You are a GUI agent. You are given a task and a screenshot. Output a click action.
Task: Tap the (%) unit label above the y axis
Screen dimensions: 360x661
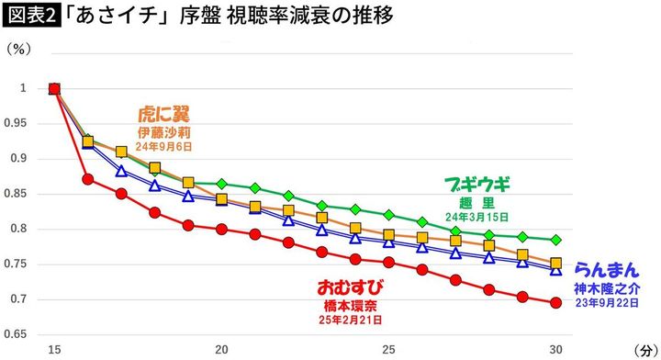click(19, 51)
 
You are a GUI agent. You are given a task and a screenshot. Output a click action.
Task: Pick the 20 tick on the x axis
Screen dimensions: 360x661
click(221, 350)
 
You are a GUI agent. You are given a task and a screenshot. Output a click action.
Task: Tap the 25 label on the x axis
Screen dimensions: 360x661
click(388, 350)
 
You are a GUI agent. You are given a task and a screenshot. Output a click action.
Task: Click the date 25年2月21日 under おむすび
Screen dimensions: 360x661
click(351, 321)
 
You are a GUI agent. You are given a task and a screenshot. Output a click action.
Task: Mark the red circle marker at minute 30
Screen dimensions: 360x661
click(555, 302)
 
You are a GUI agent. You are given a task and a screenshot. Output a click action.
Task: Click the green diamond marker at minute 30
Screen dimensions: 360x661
click(555, 240)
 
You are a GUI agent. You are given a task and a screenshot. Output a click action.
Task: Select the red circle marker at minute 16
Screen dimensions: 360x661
click(88, 179)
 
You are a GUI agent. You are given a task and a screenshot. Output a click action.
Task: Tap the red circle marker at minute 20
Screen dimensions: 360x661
click(221, 229)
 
